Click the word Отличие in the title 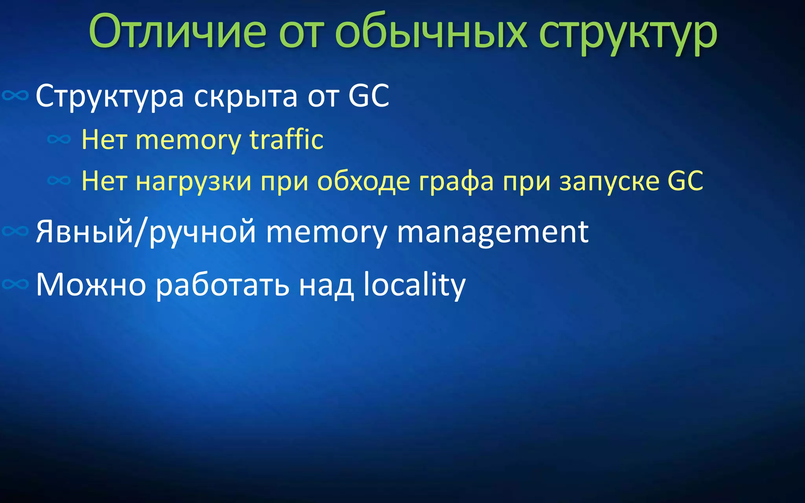tap(177, 31)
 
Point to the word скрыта tap(246, 96)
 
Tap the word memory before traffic tap(188, 141)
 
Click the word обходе tap(364, 182)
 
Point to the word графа tap(456, 182)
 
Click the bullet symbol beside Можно tap(15, 284)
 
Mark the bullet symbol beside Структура tap(15, 95)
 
